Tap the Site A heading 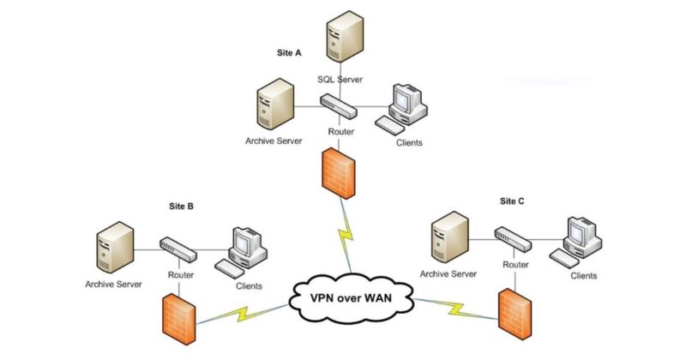(x=287, y=53)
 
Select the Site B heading (x=179, y=207)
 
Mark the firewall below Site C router (x=514, y=312)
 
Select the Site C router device (x=514, y=238)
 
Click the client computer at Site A (x=406, y=107)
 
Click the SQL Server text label (x=340, y=79)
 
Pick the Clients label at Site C (x=584, y=276)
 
